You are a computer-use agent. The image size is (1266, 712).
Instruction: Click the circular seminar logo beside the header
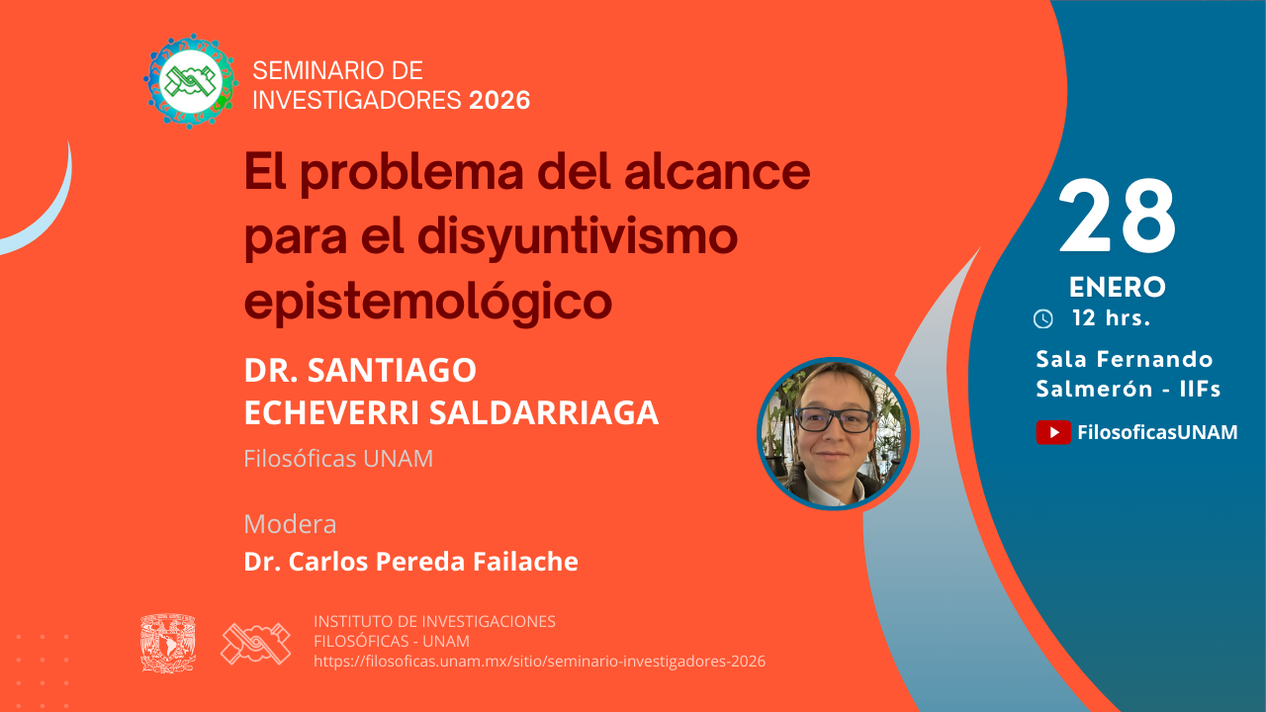pyautogui.click(x=191, y=81)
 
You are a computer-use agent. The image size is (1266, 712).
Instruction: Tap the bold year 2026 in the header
pyautogui.click(x=499, y=101)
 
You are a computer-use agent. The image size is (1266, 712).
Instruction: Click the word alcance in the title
pyautogui.click(x=717, y=172)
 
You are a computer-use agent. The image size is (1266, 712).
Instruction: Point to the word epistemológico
pyautogui.click(x=428, y=303)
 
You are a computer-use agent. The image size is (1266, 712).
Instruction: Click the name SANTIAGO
pyautogui.click(x=392, y=371)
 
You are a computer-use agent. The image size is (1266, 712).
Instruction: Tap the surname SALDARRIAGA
pyautogui.click(x=544, y=413)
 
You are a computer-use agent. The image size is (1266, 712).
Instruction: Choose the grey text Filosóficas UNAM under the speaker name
pyautogui.click(x=338, y=458)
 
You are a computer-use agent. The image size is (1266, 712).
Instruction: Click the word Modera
pyautogui.click(x=290, y=524)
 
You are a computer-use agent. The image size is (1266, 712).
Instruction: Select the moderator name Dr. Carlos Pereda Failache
pyautogui.click(x=410, y=561)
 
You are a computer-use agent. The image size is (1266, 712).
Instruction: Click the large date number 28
pyautogui.click(x=1118, y=216)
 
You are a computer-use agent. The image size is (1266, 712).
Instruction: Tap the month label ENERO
pyautogui.click(x=1118, y=287)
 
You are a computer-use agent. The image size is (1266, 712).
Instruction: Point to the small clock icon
pyautogui.click(x=1043, y=318)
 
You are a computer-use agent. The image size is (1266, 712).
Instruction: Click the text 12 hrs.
pyautogui.click(x=1111, y=318)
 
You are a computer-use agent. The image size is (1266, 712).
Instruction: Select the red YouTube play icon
pyautogui.click(x=1053, y=432)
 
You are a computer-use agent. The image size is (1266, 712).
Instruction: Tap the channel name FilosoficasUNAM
pyautogui.click(x=1157, y=432)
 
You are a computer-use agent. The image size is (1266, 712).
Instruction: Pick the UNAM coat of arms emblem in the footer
pyautogui.click(x=168, y=644)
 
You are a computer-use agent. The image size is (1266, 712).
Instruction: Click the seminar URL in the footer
pyautogui.click(x=540, y=662)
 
